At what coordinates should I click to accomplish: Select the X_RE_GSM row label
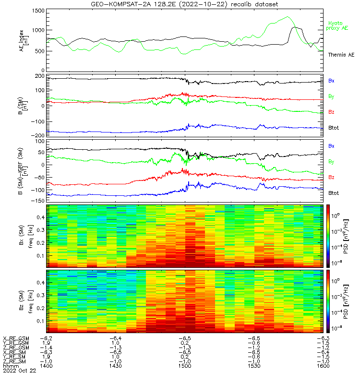point(16,338)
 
